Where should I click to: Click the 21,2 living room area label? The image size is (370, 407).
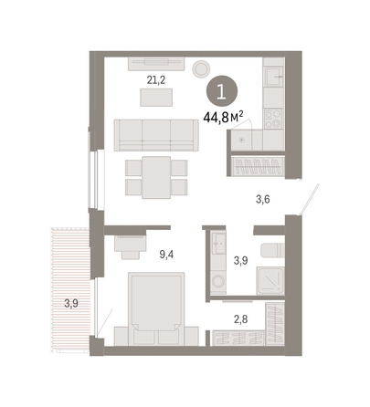[156, 80]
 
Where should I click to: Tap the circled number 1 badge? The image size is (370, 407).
[222, 91]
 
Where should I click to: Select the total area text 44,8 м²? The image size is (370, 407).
[223, 117]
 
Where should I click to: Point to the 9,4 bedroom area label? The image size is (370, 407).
[166, 255]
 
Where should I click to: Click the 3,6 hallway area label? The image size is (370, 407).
[263, 199]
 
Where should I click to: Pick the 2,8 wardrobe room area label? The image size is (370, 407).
[240, 319]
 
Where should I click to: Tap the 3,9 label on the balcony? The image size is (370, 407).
[71, 303]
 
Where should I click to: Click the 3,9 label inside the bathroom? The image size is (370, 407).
[240, 261]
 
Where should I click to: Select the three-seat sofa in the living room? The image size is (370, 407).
[156, 135]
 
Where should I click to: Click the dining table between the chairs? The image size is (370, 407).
[156, 177]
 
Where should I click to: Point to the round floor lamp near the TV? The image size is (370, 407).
[201, 68]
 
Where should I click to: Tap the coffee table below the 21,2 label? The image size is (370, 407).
[156, 98]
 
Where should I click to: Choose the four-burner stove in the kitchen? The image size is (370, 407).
[273, 119]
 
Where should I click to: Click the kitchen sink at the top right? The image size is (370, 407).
[273, 77]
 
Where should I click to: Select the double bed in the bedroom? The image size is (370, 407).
[156, 308]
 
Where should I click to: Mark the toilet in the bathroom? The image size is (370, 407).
[272, 251]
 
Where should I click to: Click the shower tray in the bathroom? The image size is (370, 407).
[270, 281]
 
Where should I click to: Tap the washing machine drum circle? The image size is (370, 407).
[218, 281]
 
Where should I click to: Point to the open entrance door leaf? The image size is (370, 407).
[310, 199]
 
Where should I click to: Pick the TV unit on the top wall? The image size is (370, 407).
[156, 64]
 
